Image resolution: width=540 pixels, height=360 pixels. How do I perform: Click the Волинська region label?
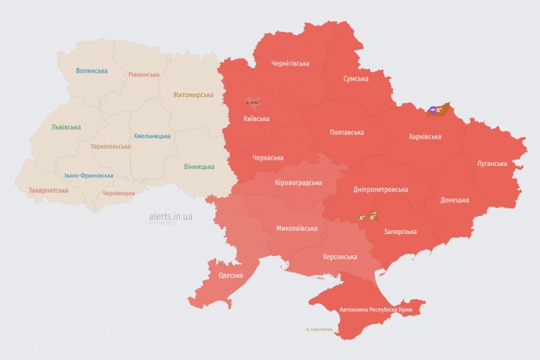click(x=92, y=70)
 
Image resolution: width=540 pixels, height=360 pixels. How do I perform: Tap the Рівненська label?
click(x=144, y=74)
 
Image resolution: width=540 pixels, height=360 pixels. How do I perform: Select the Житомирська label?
click(x=193, y=95)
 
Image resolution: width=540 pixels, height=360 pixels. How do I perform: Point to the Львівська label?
click(x=66, y=127)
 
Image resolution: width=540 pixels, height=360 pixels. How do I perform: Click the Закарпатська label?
click(x=47, y=189)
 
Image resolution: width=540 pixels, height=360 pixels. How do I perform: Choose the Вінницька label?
click(x=199, y=167)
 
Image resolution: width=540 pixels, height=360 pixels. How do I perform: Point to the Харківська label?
click(x=425, y=136)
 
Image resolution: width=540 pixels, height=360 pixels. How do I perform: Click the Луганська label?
click(x=491, y=164)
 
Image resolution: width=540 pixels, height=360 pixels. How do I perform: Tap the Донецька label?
click(x=455, y=200)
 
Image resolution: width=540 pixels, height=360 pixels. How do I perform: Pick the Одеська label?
click(x=230, y=275)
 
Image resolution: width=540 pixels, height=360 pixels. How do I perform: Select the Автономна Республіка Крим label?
click(x=376, y=310)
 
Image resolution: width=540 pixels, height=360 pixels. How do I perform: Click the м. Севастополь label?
click(x=319, y=329)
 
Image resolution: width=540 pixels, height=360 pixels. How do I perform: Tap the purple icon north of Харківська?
click(x=433, y=110)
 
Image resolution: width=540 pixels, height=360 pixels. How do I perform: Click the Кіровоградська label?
click(x=298, y=182)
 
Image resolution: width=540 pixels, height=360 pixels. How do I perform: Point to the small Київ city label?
click(x=252, y=102)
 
